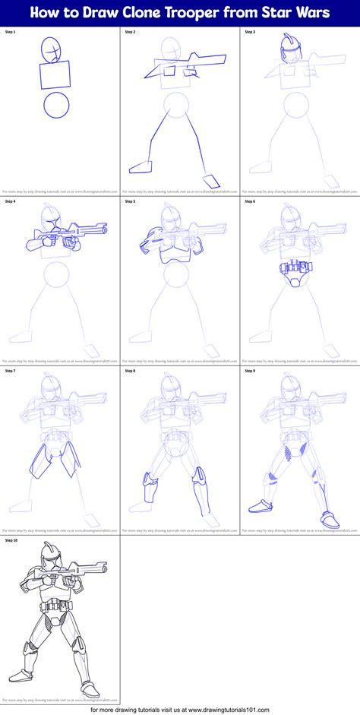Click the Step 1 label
(11, 33)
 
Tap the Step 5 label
(131, 201)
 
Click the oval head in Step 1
(52, 51)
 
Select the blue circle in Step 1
(56, 106)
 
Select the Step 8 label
(131, 371)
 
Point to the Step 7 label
(11, 371)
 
